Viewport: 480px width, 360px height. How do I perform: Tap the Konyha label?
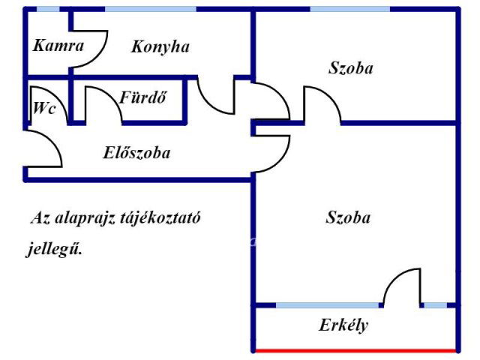pos(160,46)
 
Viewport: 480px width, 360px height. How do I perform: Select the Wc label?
pos(44,107)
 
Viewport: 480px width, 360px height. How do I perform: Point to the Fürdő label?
pos(142,97)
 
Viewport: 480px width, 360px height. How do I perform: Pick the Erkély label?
pos(343,326)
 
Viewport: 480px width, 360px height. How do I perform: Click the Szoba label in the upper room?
pos(350,68)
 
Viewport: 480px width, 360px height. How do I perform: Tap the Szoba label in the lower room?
pos(349,218)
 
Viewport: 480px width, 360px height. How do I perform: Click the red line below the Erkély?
pos(355,350)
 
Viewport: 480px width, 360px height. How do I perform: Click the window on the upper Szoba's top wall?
pos(349,9)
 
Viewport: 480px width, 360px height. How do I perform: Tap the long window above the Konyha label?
pos(151,9)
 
